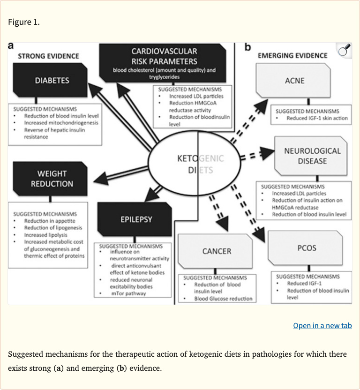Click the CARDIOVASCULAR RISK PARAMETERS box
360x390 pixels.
pos(164,61)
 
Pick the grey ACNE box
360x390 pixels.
pos(294,81)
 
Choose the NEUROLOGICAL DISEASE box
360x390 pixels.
pos(312,156)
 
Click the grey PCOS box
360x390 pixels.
pos(307,247)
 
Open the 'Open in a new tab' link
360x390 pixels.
pos(322,325)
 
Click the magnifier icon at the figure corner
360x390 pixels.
pos(344,51)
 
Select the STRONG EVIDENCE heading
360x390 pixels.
pos(48,56)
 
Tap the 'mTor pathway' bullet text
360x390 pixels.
pos(128,293)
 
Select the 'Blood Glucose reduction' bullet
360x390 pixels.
pos(223,299)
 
